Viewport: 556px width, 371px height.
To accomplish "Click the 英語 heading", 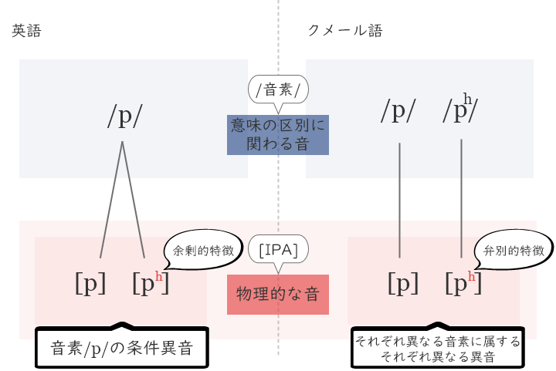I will pyautogui.click(x=26, y=31).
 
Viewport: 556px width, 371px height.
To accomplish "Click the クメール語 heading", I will pyautogui.click(x=345, y=31).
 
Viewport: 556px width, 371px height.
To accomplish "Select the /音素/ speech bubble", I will pyautogui.click(x=278, y=89).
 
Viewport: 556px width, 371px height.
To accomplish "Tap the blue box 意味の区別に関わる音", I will pyautogui.click(x=278, y=133).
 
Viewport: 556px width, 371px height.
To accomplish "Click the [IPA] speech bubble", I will pyautogui.click(x=278, y=250).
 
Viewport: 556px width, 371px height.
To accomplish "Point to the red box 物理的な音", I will pyautogui.click(x=278, y=294).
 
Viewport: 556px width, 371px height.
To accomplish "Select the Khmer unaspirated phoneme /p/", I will pyautogui.click(x=398, y=112).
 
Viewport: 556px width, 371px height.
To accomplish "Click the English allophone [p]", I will pyautogui.click(x=90, y=284).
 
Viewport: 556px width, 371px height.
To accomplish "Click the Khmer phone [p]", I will pyautogui.click(x=402, y=284).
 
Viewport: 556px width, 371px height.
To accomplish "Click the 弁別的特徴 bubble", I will pyautogui.click(x=508, y=251).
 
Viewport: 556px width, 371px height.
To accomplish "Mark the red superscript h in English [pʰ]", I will pyautogui.click(x=159, y=276).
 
